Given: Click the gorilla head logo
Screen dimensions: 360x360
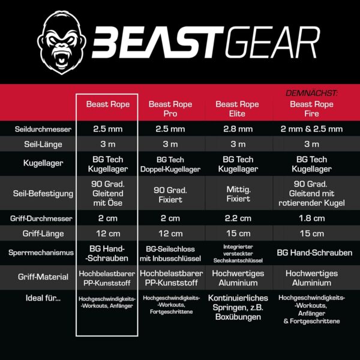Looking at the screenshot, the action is tap(61, 43).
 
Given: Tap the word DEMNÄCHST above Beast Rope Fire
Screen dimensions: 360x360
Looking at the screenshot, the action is tap(311, 93).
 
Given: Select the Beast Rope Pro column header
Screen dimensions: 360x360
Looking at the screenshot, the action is tap(170, 109).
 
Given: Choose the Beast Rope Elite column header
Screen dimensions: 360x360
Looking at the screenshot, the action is tap(237, 109).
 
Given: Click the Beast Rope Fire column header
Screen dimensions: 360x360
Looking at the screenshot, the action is tap(311, 109).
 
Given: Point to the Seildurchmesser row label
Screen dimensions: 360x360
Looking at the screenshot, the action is tap(43, 129).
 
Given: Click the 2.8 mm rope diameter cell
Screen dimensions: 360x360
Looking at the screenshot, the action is tap(238, 129).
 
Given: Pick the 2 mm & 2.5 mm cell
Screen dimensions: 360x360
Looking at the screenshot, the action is tap(311, 129).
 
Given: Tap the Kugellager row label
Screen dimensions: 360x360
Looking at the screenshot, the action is tap(43, 163).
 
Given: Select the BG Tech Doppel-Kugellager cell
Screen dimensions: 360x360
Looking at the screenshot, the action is tap(170, 164).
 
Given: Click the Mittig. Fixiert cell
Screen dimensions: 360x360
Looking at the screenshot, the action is tap(238, 194).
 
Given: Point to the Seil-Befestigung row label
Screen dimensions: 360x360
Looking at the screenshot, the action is tap(43, 194).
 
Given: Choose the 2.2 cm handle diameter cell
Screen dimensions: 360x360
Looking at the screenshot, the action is tap(238, 218).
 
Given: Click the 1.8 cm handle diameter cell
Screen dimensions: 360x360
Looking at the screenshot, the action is tap(312, 218).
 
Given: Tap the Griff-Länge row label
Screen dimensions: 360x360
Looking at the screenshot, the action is tap(43, 234).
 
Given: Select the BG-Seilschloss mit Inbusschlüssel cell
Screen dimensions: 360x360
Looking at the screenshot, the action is tap(170, 254).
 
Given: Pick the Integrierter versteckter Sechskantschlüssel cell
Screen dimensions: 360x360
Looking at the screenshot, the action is tap(238, 253).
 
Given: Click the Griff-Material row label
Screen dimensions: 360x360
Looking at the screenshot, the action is tap(43, 277).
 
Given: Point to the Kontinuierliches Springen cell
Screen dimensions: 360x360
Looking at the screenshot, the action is tap(238, 307).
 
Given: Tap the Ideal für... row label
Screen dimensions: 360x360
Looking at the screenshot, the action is tap(43, 298).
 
